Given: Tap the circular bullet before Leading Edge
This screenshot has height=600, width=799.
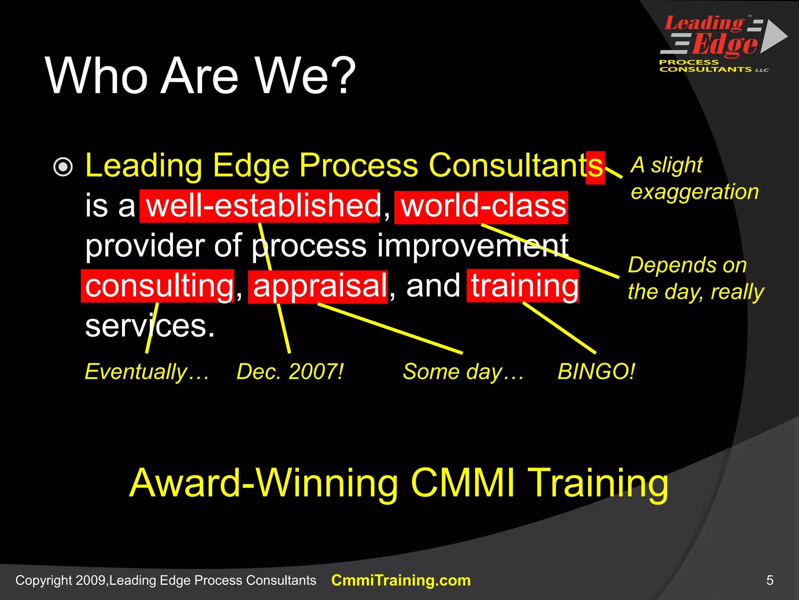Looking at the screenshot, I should tap(63, 167).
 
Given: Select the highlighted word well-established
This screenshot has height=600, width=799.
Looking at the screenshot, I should tap(259, 206).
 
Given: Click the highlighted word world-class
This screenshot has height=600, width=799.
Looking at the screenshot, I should tap(481, 207).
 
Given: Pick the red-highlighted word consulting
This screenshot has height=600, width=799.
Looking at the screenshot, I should tap(158, 286).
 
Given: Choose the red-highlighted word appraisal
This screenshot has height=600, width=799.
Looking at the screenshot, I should tap(318, 286).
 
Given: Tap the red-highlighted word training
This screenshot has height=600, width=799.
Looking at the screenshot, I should tap(523, 286).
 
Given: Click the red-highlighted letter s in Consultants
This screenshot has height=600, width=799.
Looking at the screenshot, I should tap(596, 167).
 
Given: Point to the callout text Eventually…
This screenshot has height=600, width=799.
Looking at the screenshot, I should tap(147, 371).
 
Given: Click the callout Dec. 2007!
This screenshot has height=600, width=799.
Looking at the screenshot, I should tap(290, 371).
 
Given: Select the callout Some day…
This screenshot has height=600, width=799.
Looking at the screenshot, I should tap(463, 371).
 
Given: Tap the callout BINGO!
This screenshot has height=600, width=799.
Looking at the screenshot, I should tap(596, 371).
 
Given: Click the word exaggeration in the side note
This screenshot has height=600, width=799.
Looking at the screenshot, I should tap(695, 192).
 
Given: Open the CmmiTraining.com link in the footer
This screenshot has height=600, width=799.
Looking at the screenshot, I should tap(401, 580).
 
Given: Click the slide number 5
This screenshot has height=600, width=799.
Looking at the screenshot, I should tap(769, 580).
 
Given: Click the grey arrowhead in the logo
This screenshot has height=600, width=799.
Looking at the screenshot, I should tap(774, 36).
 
